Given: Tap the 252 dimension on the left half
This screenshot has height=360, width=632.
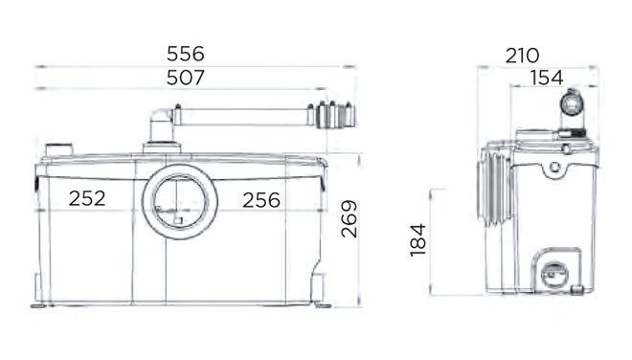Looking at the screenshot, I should pyautogui.click(x=86, y=199).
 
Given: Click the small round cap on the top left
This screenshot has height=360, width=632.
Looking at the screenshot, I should pyautogui.click(x=59, y=149).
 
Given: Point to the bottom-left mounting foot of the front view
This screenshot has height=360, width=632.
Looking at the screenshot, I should pyautogui.click(x=39, y=305).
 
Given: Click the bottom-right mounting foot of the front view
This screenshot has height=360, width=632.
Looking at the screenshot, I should pyautogui.click(x=321, y=305).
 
